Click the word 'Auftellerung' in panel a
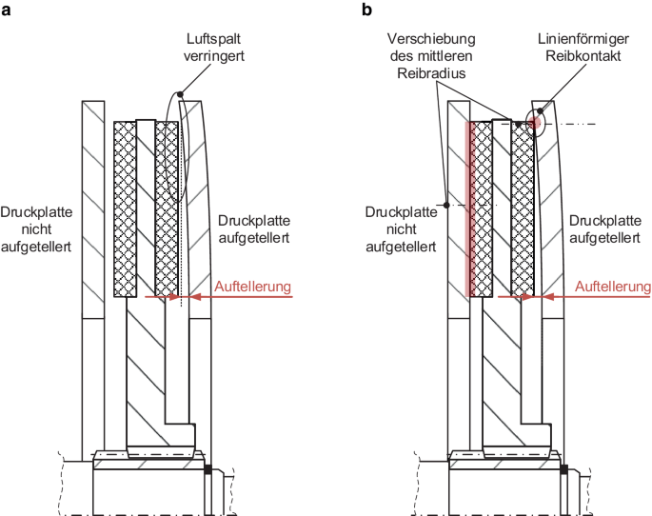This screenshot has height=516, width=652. click(252, 285)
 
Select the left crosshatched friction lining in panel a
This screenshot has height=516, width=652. click(124, 208)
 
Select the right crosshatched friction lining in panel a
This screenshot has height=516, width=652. click(167, 208)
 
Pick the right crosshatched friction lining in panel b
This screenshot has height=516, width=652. click(522, 208)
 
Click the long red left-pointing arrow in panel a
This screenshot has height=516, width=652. click(238, 297)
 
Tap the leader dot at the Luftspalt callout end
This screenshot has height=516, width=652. click(178, 94)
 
